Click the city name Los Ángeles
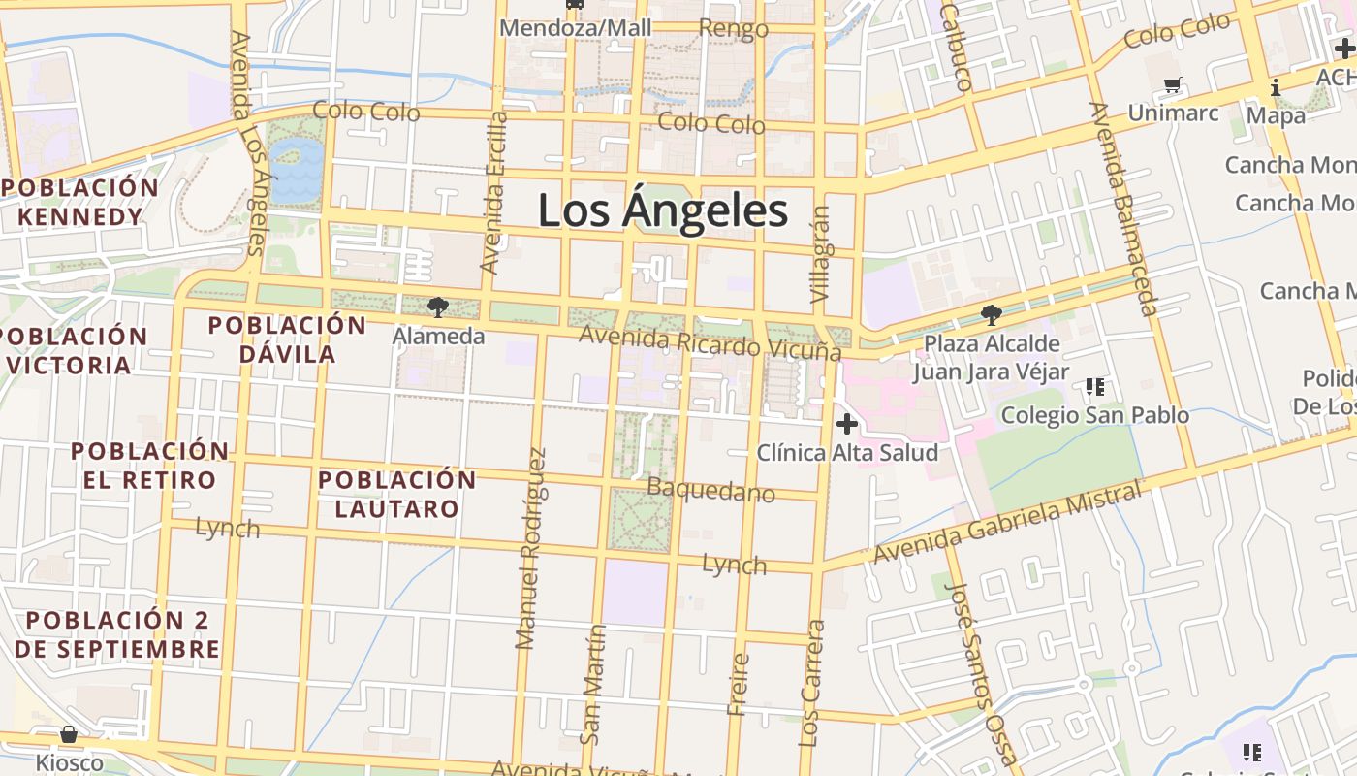(x=663, y=210)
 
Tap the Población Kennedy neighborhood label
(x=79, y=202)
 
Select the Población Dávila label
(x=287, y=339)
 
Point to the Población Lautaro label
(x=396, y=494)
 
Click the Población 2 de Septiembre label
(x=117, y=634)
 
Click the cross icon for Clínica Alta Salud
(x=847, y=424)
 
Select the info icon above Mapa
(x=1276, y=88)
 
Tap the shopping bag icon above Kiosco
(x=69, y=734)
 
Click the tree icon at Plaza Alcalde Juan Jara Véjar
(x=991, y=315)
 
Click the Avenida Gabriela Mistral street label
(x=1007, y=524)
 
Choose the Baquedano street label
(x=710, y=489)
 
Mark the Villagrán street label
(x=821, y=256)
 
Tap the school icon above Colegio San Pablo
(x=1095, y=387)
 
